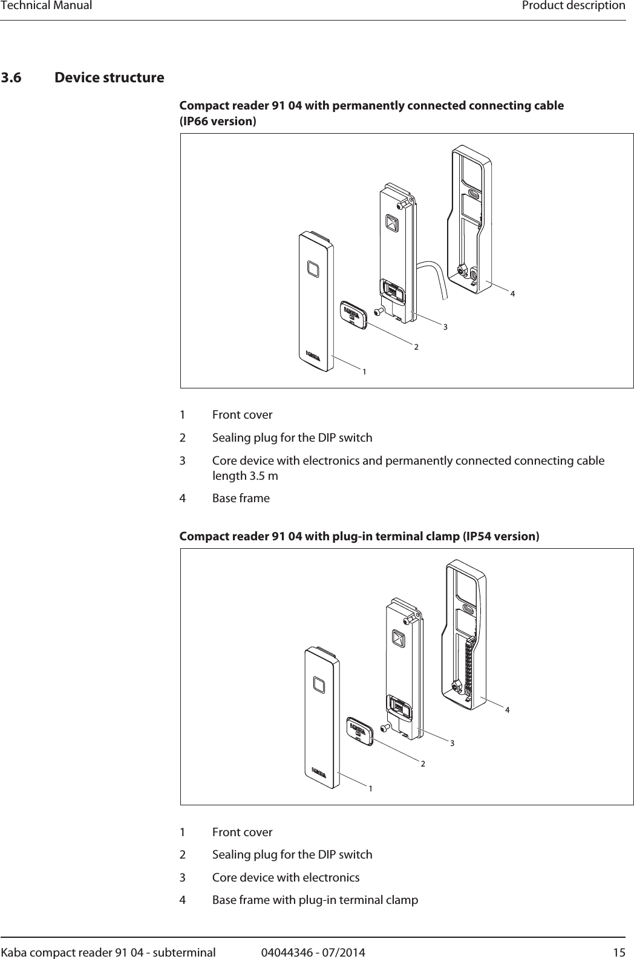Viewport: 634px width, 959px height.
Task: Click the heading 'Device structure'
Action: pos(109,78)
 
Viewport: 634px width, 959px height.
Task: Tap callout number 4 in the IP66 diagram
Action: pos(512,293)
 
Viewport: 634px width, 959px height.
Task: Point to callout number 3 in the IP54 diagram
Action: pos(451,742)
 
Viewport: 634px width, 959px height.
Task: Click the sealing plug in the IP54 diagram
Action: pos(359,730)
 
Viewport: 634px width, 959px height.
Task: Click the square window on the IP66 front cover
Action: pos(313,267)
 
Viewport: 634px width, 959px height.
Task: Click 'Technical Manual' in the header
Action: pos(47,6)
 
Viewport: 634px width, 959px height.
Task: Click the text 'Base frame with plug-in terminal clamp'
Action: pos(315,900)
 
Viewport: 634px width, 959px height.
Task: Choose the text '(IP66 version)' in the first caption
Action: pos(218,122)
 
